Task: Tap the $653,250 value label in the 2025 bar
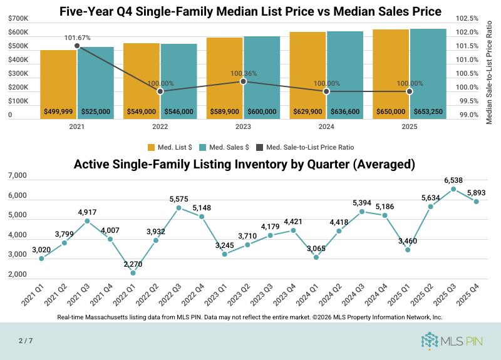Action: point(428,112)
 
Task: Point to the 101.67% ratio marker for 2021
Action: point(77,46)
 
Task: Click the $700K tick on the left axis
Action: point(18,19)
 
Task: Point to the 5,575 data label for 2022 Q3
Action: point(178,199)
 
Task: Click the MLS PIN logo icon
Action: point(431,341)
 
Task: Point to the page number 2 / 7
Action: point(25,341)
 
